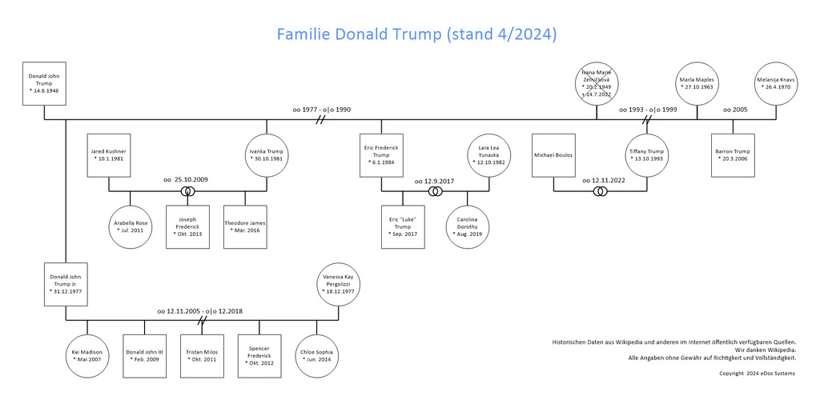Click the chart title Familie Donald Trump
tap(416, 34)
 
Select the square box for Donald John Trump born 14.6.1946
tap(45, 83)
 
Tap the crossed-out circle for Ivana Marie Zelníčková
tap(597, 83)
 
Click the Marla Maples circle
tap(697, 83)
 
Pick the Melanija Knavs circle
tap(774, 83)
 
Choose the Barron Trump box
tap(733, 155)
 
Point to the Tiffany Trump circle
tap(647, 155)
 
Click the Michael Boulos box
tap(553, 155)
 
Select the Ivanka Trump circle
tap(267, 155)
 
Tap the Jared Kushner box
tap(109, 155)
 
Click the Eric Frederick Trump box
tap(381, 155)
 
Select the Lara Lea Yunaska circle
tap(489, 155)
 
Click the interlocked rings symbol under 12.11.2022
tap(601, 192)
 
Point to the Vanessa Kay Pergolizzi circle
tap(339, 284)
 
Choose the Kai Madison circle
tap(86, 355)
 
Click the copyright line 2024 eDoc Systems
tap(757, 374)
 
